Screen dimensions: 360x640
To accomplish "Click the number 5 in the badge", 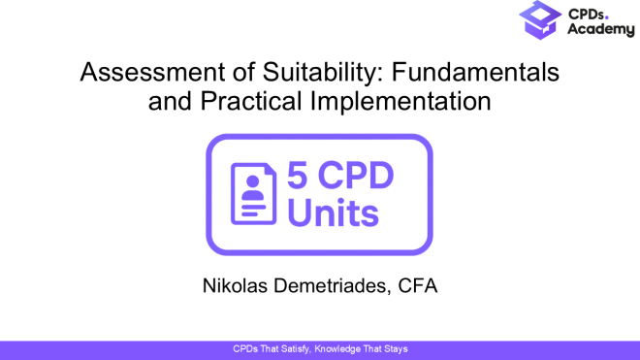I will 299,177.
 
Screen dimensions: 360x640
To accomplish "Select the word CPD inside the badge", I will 366,177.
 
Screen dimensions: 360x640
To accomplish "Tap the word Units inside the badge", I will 333,213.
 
